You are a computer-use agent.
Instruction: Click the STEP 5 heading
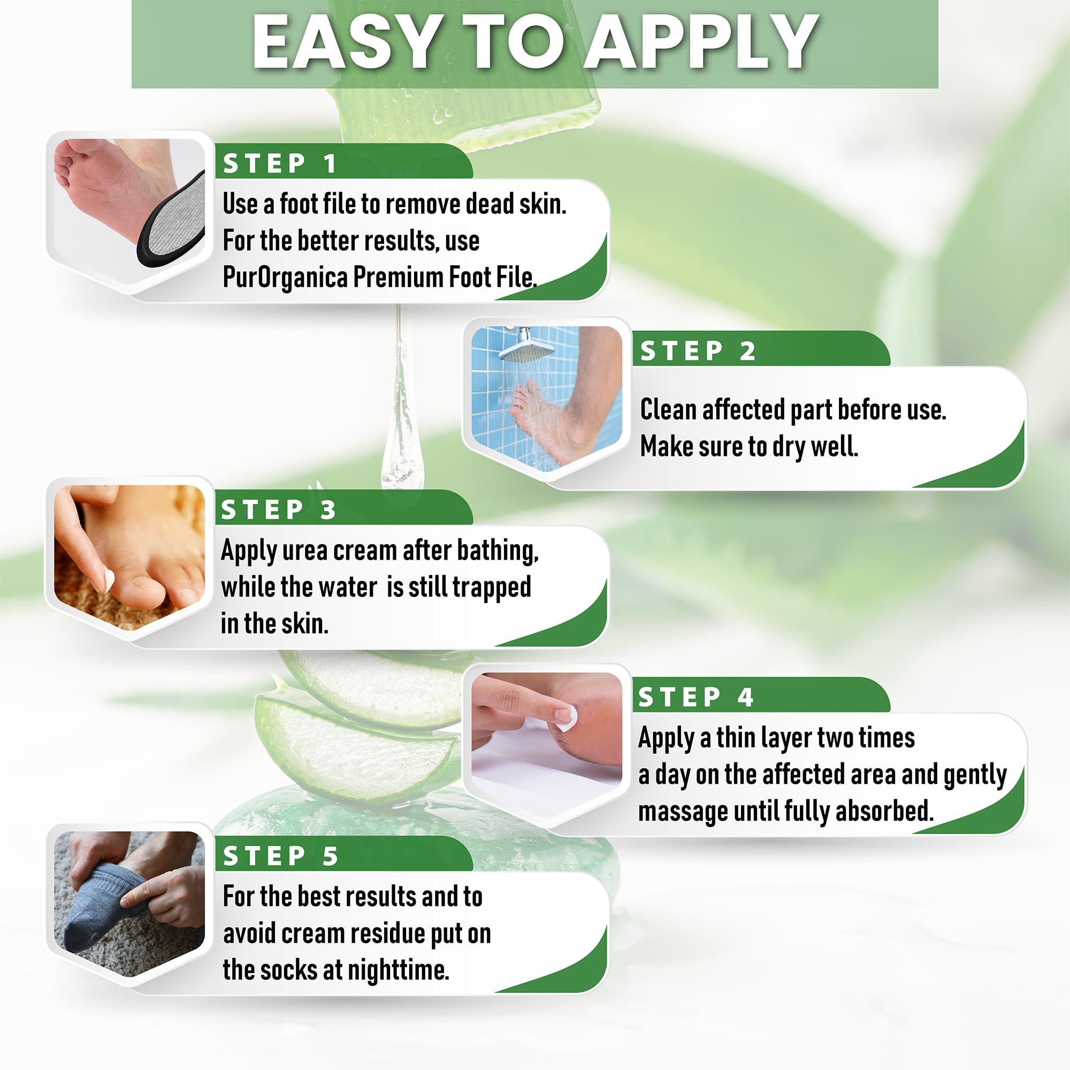pyautogui.click(x=280, y=856)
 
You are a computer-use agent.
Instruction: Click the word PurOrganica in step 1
pyautogui.click(x=285, y=277)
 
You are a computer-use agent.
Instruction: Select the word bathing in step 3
pyautogui.click(x=498, y=551)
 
